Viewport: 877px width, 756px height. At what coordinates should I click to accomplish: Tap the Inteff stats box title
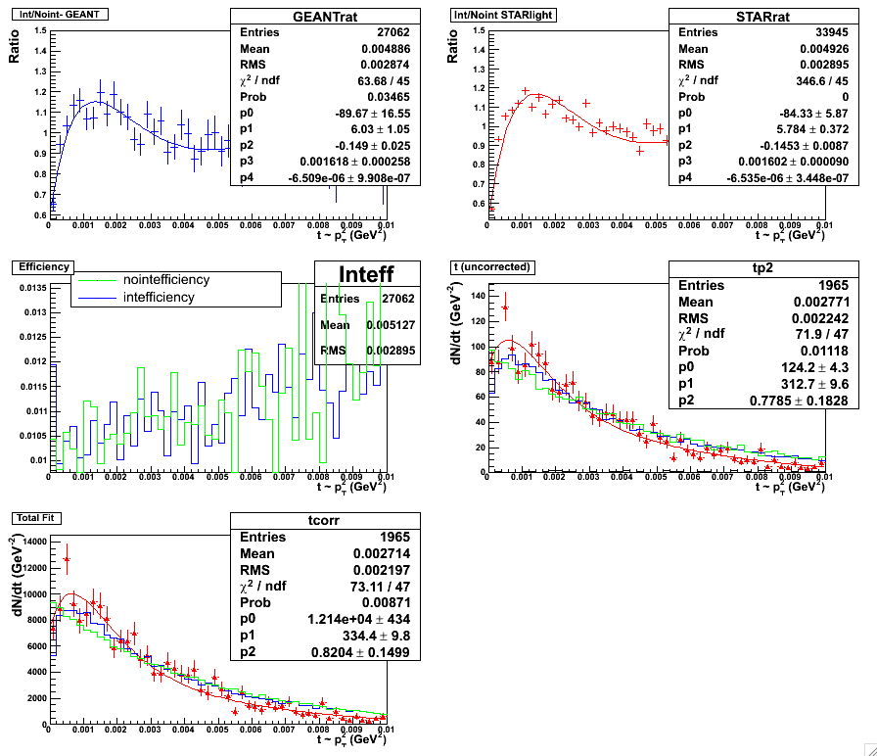tap(366, 273)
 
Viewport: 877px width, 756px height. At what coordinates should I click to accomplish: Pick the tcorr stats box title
tap(324, 520)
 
